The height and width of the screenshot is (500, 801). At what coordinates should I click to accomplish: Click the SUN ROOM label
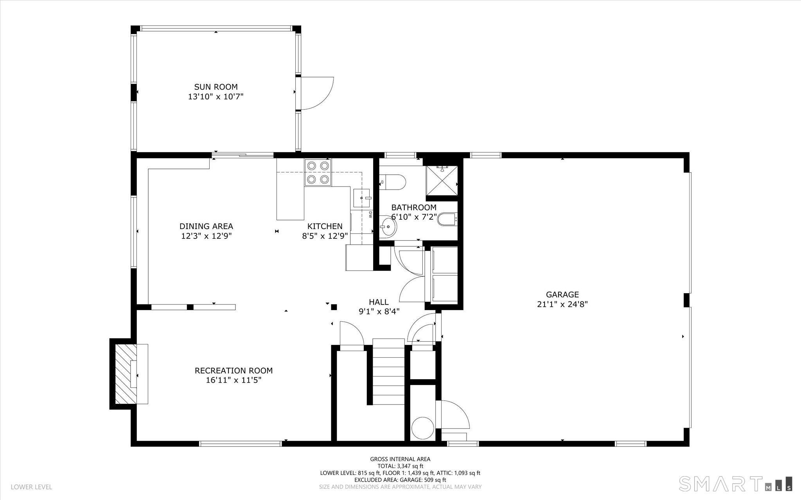point(216,87)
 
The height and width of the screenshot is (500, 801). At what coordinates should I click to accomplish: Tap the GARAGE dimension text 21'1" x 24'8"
point(562,305)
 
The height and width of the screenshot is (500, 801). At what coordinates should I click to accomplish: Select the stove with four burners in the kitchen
point(318,173)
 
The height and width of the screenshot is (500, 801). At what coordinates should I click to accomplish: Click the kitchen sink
point(361,198)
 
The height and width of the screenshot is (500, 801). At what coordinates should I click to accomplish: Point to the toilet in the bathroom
point(393,182)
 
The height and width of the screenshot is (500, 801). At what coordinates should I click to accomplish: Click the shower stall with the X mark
point(442,180)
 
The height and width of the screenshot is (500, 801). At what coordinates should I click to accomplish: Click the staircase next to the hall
point(388,371)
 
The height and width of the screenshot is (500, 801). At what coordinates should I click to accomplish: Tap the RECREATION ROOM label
point(233,371)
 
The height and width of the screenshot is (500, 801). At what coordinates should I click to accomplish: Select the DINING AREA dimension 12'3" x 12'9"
point(206,236)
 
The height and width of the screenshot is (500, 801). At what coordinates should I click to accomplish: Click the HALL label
point(379,302)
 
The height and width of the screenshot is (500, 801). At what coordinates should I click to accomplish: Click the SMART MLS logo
point(735,484)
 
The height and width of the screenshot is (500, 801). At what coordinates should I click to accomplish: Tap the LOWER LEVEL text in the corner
point(31,487)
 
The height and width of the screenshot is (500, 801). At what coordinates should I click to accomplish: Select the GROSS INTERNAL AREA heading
point(400,459)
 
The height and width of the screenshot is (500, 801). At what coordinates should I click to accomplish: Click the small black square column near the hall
point(334,307)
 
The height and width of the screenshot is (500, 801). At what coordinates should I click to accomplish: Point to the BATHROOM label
point(413,208)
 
